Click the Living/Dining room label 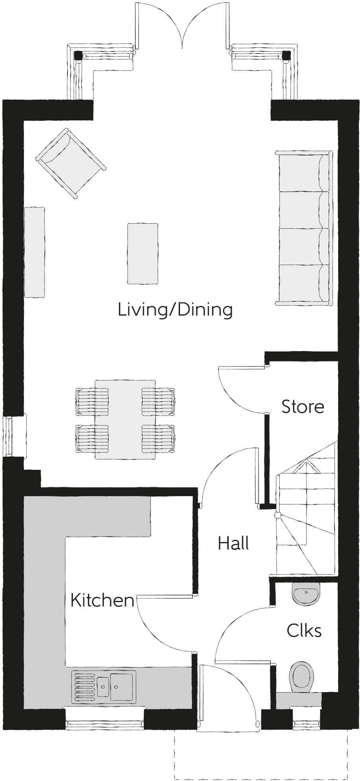(175, 310)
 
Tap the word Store (303, 407)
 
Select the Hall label (233, 543)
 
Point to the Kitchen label (102, 600)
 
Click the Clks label (304, 630)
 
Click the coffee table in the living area (142, 253)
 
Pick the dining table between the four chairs (125, 419)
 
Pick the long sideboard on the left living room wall (35, 252)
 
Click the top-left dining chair (92, 400)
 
